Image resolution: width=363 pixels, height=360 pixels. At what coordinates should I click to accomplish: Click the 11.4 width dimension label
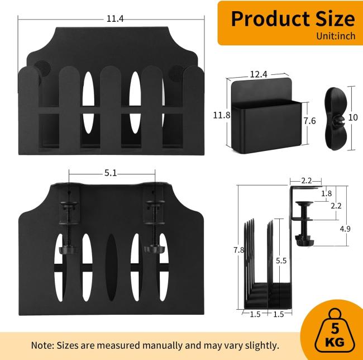(x=115, y=19)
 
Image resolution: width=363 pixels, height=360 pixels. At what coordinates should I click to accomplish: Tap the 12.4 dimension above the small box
(x=259, y=74)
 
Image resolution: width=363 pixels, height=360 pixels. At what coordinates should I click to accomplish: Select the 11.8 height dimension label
(x=222, y=115)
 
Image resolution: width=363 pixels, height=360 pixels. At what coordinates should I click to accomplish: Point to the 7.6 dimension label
(x=310, y=121)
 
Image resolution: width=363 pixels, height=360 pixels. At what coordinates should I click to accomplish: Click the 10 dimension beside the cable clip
(x=353, y=118)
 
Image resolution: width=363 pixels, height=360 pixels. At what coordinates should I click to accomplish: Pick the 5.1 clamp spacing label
(x=111, y=173)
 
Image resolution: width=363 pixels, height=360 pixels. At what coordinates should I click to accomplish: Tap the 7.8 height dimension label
(x=238, y=250)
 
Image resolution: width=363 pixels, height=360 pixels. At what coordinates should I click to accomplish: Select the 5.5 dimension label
(x=281, y=260)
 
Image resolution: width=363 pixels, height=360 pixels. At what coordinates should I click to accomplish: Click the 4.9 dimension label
(x=345, y=229)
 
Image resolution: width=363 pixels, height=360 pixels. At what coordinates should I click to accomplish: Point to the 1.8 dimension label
(x=327, y=193)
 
